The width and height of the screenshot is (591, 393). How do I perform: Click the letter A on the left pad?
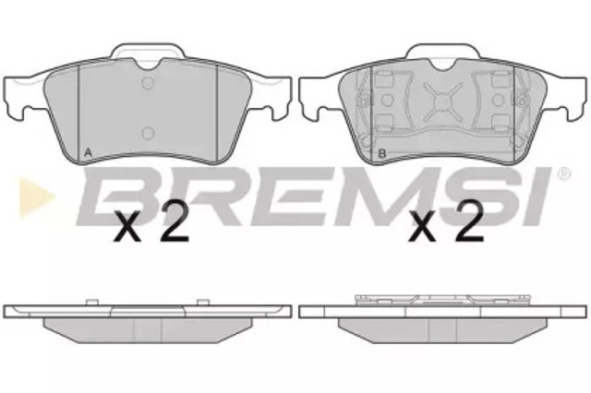[88, 153]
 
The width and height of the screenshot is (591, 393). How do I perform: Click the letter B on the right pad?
[381, 153]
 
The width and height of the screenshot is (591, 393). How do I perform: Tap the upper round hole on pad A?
[148, 83]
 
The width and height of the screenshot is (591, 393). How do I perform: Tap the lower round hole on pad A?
[148, 133]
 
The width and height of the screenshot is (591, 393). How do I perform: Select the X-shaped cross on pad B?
[443, 101]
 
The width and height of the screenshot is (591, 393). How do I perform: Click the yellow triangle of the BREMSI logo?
[37, 197]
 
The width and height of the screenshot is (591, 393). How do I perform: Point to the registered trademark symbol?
[564, 174]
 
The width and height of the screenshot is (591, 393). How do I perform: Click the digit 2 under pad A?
[174, 220]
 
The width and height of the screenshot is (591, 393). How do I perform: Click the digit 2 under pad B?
[470, 220]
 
